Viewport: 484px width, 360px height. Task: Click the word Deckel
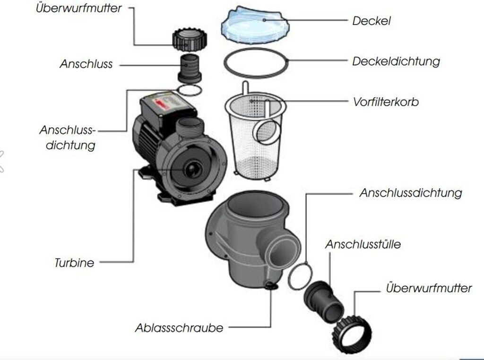(372, 21)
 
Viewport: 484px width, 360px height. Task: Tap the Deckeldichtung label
(396, 61)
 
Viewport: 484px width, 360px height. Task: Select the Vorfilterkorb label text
(386, 102)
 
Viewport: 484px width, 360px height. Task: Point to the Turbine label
(74, 263)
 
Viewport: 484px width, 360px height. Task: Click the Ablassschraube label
(179, 327)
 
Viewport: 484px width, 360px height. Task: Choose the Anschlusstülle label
(363, 244)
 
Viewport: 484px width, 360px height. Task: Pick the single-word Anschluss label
(86, 64)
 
